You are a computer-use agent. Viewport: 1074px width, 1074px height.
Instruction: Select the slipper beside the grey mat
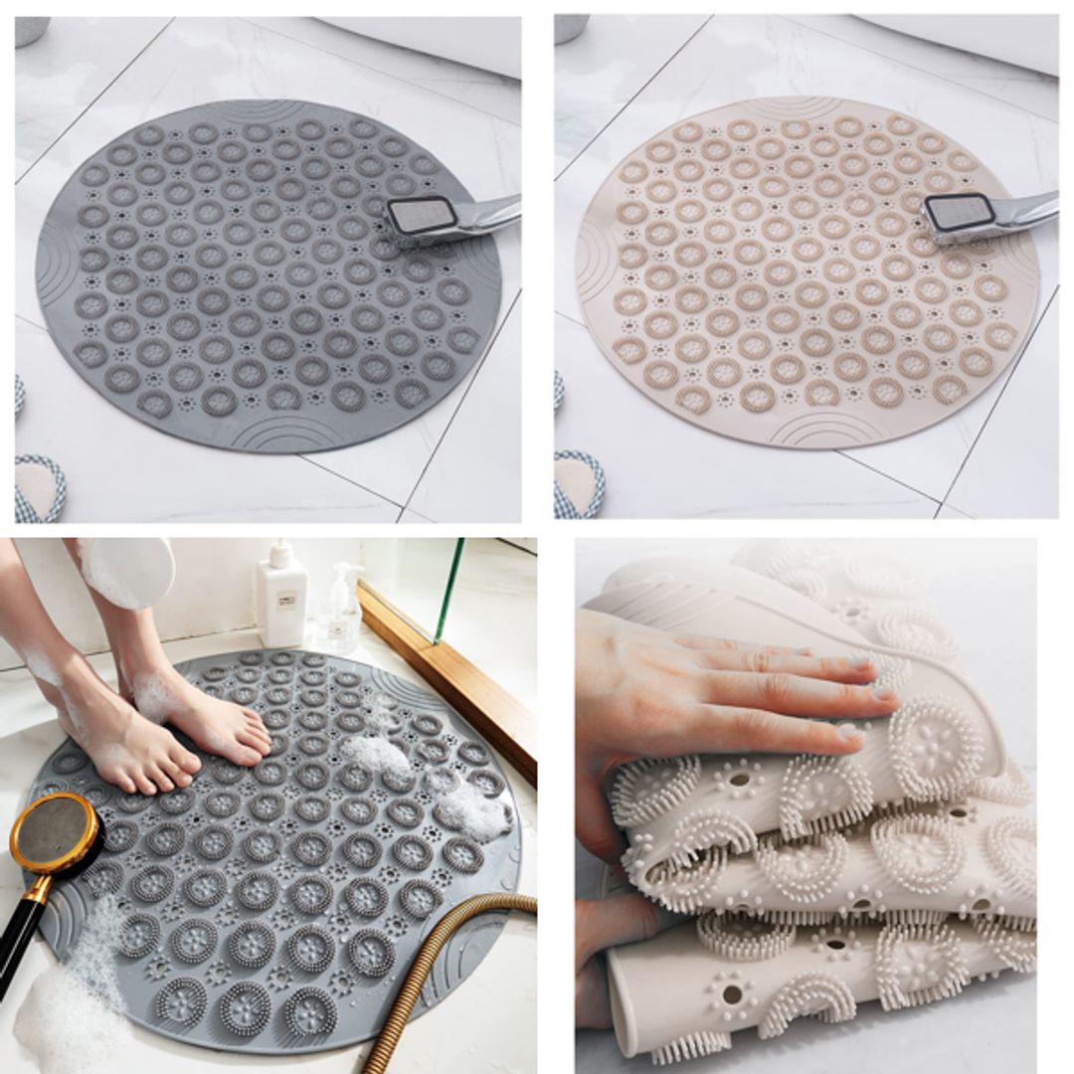(x=40, y=487)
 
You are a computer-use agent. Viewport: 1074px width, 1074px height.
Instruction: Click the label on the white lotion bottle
(x=286, y=603)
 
